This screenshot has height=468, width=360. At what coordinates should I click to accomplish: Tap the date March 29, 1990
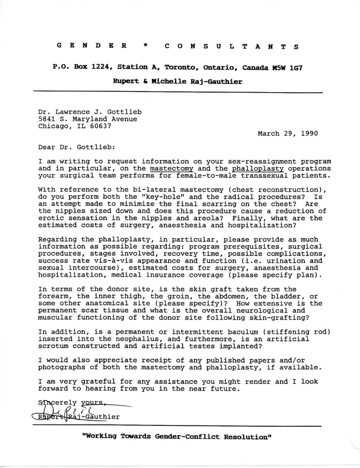point(288,133)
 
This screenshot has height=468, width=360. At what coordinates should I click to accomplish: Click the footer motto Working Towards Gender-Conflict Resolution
point(177,437)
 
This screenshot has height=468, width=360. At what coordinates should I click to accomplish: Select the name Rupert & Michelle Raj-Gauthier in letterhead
point(176,81)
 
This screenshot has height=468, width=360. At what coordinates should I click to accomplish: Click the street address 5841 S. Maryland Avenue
point(88,119)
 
